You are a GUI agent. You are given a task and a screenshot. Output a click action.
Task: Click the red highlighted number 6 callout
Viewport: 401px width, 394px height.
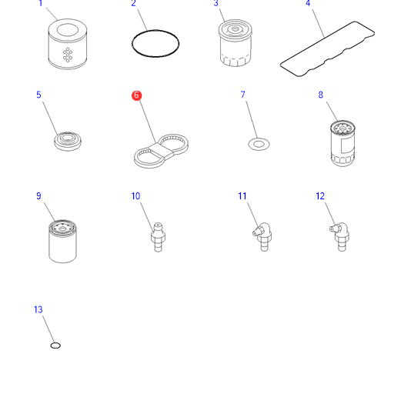click(x=136, y=95)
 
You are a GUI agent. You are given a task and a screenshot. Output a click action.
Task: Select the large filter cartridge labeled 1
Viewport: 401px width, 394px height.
click(x=68, y=44)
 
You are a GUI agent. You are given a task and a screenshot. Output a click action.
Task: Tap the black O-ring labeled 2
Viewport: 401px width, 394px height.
click(x=155, y=32)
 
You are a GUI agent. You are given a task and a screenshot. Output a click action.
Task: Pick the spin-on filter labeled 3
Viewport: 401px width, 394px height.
click(x=236, y=43)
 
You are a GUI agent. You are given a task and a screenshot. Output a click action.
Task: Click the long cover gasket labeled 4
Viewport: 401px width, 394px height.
click(x=327, y=49)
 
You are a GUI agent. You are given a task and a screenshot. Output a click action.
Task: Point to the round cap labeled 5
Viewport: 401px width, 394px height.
click(x=68, y=142)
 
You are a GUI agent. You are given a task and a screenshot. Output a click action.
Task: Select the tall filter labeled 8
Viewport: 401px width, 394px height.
click(x=343, y=143)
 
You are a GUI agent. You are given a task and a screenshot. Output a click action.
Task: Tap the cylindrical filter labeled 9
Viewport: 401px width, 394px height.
click(x=62, y=241)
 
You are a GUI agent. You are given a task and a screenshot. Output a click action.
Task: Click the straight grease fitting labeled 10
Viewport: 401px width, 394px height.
click(x=158, y=237)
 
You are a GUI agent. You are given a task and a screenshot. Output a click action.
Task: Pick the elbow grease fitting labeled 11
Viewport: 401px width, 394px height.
click(x=262, y=237)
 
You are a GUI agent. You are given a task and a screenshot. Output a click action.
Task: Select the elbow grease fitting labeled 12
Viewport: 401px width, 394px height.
click(x=339, y=237)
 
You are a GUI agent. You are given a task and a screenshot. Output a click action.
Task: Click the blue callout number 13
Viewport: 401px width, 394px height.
click(x=38, y=309)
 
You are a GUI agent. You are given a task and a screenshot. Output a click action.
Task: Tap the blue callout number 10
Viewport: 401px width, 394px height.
click(x=135, y=196)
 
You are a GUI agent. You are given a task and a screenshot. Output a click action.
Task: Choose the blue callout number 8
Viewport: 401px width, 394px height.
click(x=321, y=95)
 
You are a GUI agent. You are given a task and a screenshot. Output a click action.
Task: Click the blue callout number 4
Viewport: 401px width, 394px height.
click(x=308, y=3)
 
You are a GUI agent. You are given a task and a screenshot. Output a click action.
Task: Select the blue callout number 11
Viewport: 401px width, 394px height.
click(x=242, y=196)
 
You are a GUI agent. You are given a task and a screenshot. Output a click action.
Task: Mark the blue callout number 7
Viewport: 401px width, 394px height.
click(x=243, y=95)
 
